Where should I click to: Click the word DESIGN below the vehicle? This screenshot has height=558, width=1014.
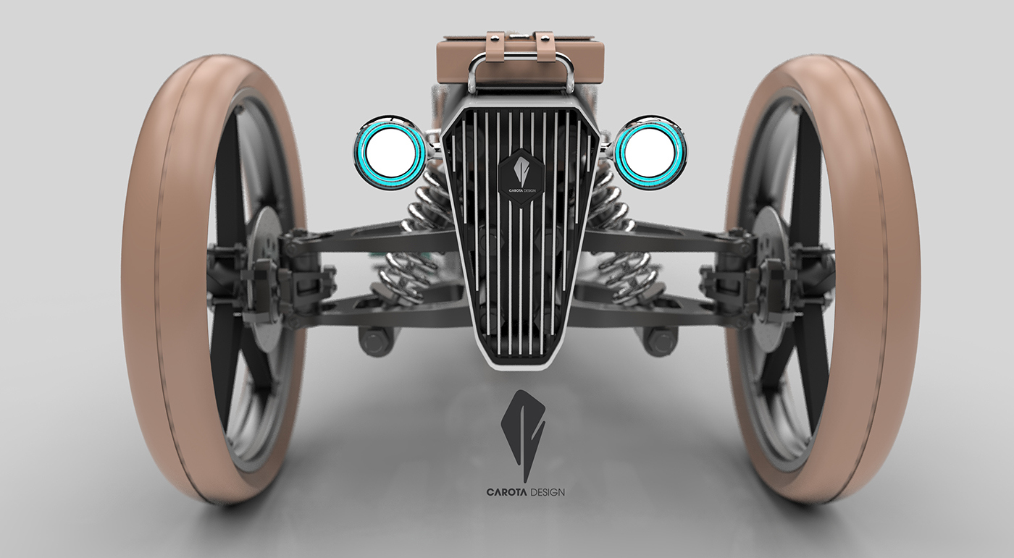548,493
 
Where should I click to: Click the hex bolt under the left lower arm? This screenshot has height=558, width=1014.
372,339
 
